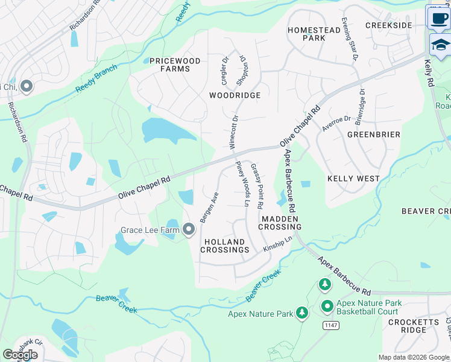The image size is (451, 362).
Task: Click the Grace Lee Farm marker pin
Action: pos(189,229)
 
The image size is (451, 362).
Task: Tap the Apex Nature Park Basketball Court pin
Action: pos(327,306)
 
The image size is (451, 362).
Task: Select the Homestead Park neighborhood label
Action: pos(314,34)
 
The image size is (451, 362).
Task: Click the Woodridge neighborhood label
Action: pos(235,95)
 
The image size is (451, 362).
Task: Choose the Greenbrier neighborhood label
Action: pos(373,135)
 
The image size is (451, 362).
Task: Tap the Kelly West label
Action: pos(353,179)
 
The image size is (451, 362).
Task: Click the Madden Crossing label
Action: pos(280,222)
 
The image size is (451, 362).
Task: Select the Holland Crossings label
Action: pos(226,246)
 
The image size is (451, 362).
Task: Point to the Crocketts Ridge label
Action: pos(414,326)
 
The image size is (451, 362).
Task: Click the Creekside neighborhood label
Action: pos(389,25)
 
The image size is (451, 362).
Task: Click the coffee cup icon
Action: pos(439,17)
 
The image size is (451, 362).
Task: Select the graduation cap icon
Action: pos(440,45)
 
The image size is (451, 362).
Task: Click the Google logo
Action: pos(20,355)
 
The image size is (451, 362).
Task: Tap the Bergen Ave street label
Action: pos(209,208)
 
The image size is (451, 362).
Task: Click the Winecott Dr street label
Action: pos(233,132)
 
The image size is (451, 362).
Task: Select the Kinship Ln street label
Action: pos(277,244)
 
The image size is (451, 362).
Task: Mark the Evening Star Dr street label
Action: pos(349,39)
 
